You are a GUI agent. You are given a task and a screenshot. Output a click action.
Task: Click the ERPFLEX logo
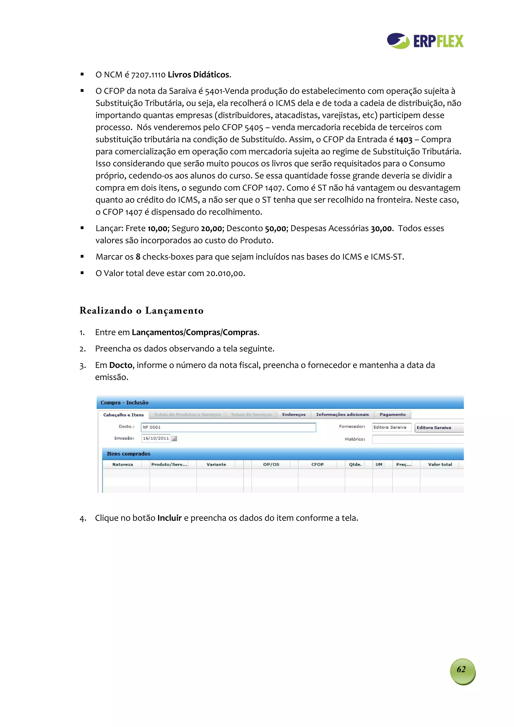coord(425,41)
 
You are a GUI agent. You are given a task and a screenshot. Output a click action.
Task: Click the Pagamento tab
coord(392,415)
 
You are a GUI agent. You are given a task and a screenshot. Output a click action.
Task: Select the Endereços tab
coord(294,415)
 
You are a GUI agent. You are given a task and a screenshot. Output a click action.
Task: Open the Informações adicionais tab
coord(342,415)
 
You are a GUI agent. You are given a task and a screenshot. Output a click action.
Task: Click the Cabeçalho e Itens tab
coord(123,415)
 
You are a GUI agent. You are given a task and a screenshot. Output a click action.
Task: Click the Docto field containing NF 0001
coord(228,427)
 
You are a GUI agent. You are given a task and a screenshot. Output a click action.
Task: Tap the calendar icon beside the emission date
coord(174,439)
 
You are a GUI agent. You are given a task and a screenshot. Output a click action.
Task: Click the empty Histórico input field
coord(417,439)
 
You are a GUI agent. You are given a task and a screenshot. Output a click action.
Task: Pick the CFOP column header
coord(317,465)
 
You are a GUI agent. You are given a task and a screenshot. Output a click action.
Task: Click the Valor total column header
coord(440,465)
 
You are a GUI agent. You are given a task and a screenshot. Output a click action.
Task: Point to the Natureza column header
coord(122,465)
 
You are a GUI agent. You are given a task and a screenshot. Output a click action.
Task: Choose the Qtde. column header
coord(355,465)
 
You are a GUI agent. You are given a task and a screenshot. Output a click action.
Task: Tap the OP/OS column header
coord(271,465)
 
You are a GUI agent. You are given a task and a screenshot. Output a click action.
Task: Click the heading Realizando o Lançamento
coord(141,311)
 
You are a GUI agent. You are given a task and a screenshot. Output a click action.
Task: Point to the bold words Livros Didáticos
coord(198,75)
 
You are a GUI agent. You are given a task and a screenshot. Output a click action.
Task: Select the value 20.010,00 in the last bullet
coord(225,274)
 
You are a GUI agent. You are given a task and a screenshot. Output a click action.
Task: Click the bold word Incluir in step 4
coord(169,518)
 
